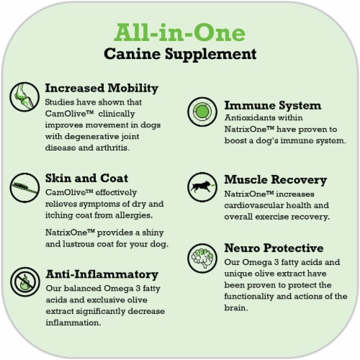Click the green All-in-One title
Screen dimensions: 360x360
180,32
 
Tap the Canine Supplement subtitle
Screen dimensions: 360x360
180,54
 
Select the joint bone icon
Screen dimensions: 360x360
24,96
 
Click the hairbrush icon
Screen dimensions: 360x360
24,187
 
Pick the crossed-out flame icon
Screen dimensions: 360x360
24,282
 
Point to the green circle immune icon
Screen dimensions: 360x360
202,112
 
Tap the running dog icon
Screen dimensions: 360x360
202,187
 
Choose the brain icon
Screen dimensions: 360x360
202,258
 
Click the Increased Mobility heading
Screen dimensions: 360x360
102,89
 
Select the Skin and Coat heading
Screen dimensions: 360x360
86,179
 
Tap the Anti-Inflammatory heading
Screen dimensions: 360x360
102,274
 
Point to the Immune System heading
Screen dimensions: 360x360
273,106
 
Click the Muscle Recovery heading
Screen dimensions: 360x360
276,180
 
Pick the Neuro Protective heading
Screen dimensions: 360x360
274,248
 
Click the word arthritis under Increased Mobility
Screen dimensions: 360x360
112,148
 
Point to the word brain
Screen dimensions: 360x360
236,307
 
